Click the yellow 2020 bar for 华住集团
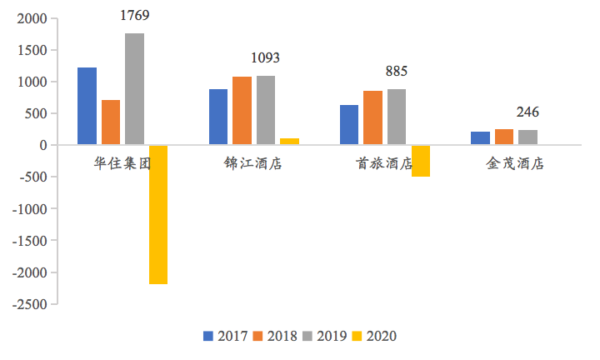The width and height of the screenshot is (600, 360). (158, 214)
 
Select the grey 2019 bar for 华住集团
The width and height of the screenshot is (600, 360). (134, 89)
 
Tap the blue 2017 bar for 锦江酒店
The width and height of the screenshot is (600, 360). (218, 117)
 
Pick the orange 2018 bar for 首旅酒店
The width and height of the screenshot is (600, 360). (372, 117)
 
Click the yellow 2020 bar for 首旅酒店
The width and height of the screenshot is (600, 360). (421, 161)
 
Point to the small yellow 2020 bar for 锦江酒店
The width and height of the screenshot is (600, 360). (289, 142)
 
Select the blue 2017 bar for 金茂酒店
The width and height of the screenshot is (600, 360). (480, 138)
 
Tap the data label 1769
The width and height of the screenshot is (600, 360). (134, 15)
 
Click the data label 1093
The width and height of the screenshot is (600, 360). (266, 58)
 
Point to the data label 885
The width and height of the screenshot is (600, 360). (397, 72)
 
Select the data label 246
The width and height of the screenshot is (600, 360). (527, 112)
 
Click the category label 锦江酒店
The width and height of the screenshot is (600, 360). (253, 164)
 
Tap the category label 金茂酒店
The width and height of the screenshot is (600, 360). (515, 164)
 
